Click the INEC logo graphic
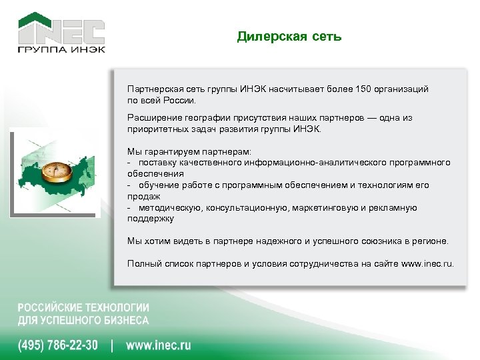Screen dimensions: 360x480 [x=61, y=28]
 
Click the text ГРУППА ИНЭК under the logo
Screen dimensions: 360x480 [x=61, y=49]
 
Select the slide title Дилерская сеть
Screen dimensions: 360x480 [x=289, y=37]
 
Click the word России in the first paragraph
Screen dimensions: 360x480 [x=179, y=100]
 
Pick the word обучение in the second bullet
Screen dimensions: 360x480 [x=159, y=185]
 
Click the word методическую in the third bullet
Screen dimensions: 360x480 [x=169, y=207]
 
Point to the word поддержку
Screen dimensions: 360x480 [x=151, y=218]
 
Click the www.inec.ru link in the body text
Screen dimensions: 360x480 [x=428, y=263]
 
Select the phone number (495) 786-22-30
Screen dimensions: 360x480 [x=57, y=345]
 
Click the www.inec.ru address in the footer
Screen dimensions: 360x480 [x=159, y=345]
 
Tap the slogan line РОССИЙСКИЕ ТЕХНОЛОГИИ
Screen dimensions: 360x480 [x=83, y=308]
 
